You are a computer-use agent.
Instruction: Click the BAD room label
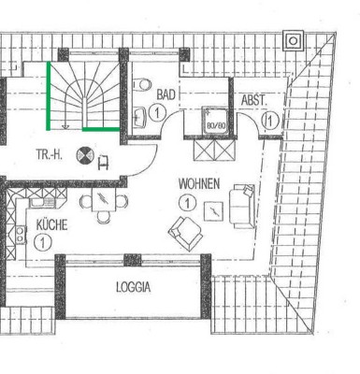pyautogui.click(x=166, y=94)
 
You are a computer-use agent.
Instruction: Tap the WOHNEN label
pyautogui.click(x=199, y=183)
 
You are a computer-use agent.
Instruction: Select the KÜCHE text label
pyautogui.click(x=51, y=224)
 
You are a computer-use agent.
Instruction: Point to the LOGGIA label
pyautogui.click(x=134, y=287)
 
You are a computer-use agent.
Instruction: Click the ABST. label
pyautogui.click(x=254, y=100)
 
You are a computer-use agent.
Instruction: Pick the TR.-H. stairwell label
pyautogui.click(x=50, y=154)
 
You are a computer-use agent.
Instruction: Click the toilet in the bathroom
pyautogui.click(x=142, y=84)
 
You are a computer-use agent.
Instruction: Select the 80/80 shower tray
pyautogui.click(x=215, y=122)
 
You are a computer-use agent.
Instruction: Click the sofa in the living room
pyautogui.click(x=242, y=206)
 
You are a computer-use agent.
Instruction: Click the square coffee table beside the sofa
pyautogui.click(x=213, y=211)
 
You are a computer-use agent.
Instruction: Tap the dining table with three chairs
pyautogui.click(x=104, y=200)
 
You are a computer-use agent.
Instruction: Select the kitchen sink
pyautogui.click(x=42, y=203)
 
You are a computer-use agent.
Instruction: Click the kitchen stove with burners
pyautogui.click(x=21, y=235)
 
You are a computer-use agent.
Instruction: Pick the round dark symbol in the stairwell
pyautogui.click(x=85, y=154)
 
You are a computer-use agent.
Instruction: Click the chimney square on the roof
pyautogui.click(x=293, y=40)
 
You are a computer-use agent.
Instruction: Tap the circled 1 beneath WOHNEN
pyautogui.click(x=187, y=203)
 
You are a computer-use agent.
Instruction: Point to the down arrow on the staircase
pyautogui.click(x=65, y=120)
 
